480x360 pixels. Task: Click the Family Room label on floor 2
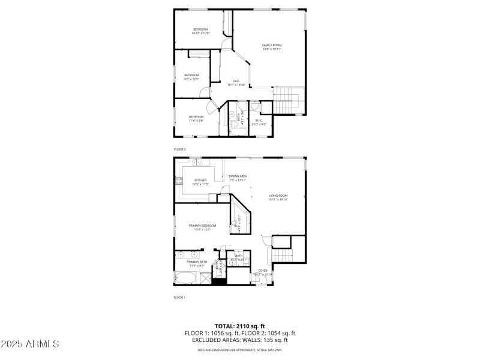coord(272,47)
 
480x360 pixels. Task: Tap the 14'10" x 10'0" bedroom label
coord(200,32)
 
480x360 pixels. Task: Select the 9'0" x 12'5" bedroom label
coord(191,77)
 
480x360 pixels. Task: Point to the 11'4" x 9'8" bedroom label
coord(196,118)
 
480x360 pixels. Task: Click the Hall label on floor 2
coord(236,83)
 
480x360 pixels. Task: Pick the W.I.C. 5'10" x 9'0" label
coord(260,122)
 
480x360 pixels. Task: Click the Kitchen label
coord(200,182)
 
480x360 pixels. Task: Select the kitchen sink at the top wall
coord(196,163)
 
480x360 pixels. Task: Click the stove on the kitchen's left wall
coord(178,181)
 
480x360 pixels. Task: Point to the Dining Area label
coord(238,178)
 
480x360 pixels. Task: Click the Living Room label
coord(278,197)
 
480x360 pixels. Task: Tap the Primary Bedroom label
coord(202,227)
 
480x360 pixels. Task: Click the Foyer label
coord(263,272)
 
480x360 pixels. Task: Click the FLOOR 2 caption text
coord(180,148)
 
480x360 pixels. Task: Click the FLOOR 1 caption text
coord(180,298)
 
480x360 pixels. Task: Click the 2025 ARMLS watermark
coord(30,344)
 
